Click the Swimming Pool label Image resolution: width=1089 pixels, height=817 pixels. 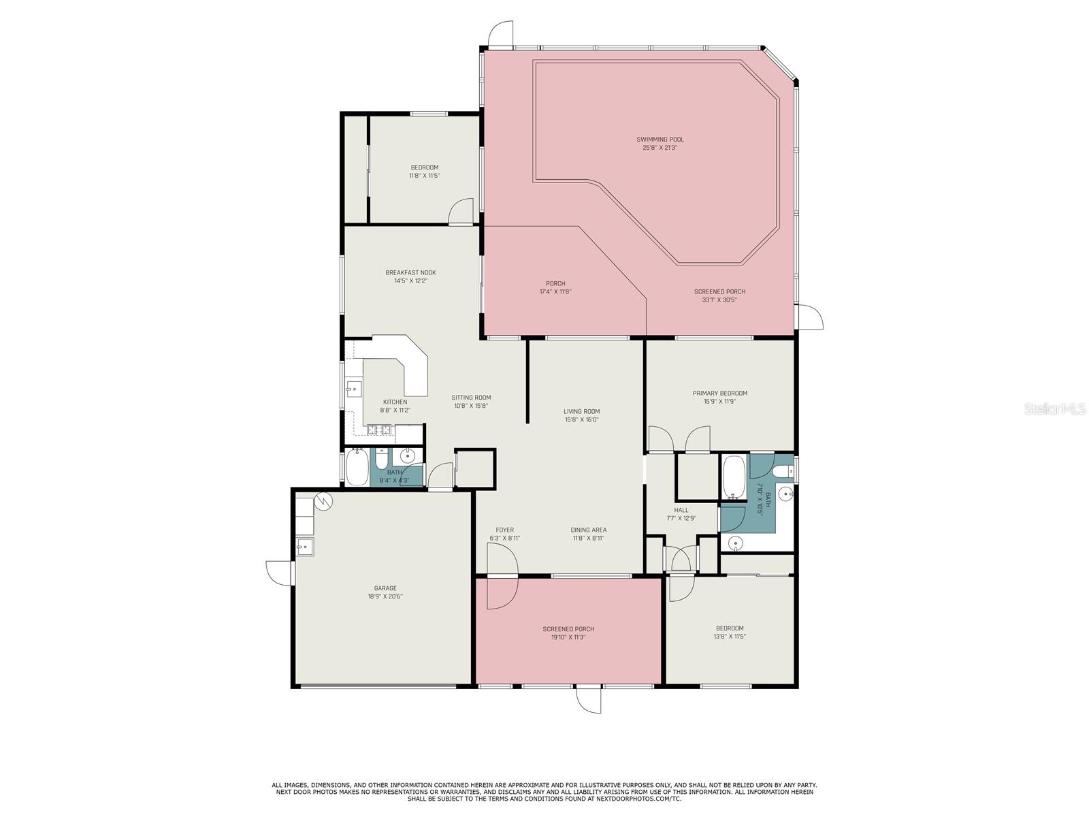tap(660, 140)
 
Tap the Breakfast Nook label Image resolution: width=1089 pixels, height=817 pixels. tap(411, 272)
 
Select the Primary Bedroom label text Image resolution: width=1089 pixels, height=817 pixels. tap(720, 394)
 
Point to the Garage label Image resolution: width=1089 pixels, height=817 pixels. tap(385, 588)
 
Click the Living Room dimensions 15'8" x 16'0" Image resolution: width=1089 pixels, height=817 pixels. tap(581, 419)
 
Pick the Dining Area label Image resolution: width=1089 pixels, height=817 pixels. tap(589, 530)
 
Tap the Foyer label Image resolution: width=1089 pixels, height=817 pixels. tap(504, 530)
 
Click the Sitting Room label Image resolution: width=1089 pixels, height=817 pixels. tap(471, 398)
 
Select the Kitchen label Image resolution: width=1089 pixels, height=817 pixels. tap(395, 402)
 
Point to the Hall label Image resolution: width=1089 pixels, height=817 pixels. tap(681, 510)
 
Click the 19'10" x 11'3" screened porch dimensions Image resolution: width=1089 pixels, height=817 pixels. tap(568, 637)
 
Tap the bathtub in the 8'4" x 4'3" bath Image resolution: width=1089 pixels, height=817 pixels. tap(357, 467)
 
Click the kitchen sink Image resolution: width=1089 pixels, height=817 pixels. tap(354, 389)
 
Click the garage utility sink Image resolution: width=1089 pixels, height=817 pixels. tap(304, 546)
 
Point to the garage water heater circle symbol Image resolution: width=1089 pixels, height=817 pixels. tap(323, 502)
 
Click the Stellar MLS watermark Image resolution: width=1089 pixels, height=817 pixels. tap(1055, 408)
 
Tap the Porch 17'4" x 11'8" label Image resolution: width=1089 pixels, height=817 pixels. tap(555, 288)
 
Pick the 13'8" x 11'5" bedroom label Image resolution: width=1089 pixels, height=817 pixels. tap(730, 632)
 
